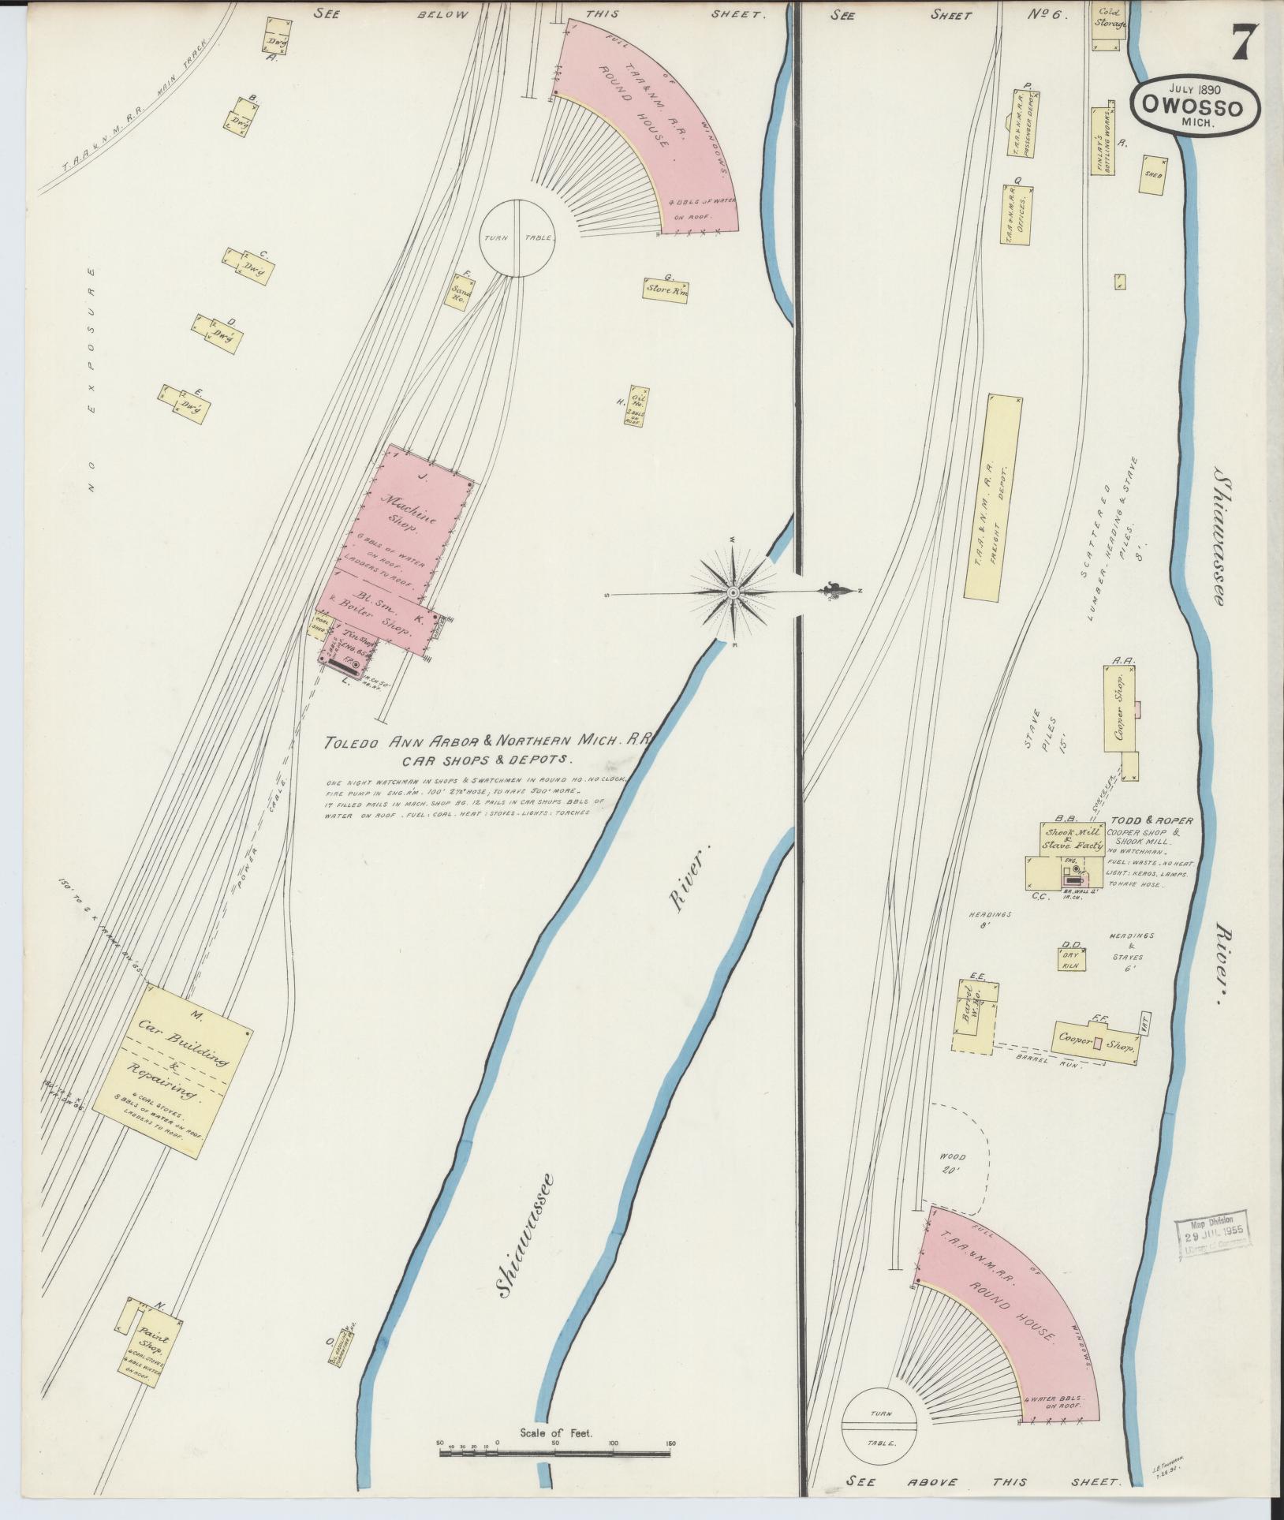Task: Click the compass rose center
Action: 733,592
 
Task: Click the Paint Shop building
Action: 148,1334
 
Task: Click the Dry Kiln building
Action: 1071,958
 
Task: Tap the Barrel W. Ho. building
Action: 972,1017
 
